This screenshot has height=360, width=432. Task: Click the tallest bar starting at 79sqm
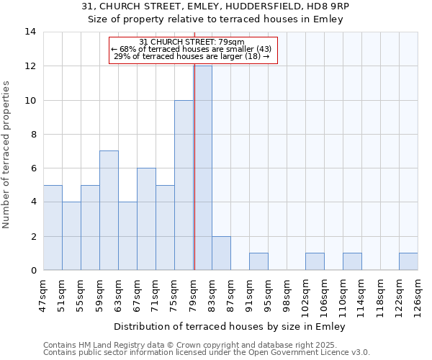pyautogui.click(x=203, y=168)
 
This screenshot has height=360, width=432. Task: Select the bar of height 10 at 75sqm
pyautogui.click(x=184, y=185)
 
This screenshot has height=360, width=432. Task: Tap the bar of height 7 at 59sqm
pyautogui.click(x=109, y=210)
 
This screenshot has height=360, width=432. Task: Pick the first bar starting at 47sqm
pyautogui.click(x=53, y=228)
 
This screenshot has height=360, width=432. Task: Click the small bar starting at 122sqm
pyautogui.click(x=408, y=261)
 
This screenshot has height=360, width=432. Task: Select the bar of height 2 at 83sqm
pyautogui.click(x=221, y=253)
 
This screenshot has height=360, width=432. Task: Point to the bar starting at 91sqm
pyautogui.click(x=258, y=261)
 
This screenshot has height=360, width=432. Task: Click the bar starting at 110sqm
pyautogui.click(x=352, y=261)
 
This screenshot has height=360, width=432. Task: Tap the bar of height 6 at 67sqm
pyautogui.click(x=146, y=219)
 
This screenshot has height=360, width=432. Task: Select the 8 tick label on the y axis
pyautogui.click(x=33, y=134)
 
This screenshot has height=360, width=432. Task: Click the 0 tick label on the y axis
pyautogui.click(x=33, y=270)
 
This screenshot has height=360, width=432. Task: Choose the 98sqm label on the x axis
pyautogui.click(x=287, y=294)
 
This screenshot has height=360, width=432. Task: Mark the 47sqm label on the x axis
pyautogui.click(x=43, y=294)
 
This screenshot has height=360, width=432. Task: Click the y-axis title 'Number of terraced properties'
pyautogui.click(x=7, y=155)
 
